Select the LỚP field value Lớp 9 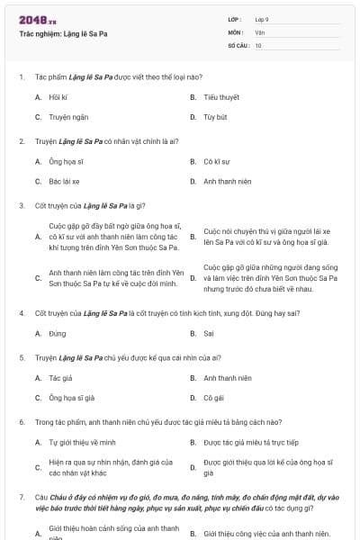click(262, 20)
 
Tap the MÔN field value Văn click(259, 32)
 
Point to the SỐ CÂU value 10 click(258, 45)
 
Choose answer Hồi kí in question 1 click(58, 96)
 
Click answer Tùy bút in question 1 click(214, 117)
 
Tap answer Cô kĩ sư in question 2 click(217, 162)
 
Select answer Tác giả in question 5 click(60, 378)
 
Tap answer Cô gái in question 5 click(212, 397)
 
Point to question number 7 click(21, 496)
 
